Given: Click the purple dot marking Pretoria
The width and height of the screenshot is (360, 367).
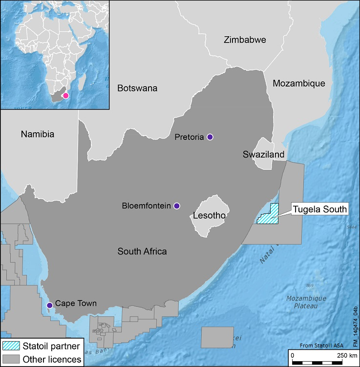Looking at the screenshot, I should coord(210,137).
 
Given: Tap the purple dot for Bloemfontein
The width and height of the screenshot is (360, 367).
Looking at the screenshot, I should coord(177,206).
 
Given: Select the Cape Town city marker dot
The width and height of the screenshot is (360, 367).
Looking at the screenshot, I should coord(49,305).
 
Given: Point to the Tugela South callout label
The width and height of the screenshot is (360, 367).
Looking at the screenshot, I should coord(319,209).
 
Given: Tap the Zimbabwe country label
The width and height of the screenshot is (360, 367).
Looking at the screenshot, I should coord(245,40).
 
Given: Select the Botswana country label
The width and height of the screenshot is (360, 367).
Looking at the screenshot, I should coord(137,88).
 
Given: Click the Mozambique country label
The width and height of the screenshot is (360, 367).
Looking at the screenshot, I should coord(298,83).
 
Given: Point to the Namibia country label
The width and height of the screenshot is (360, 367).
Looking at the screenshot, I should coord(37,134).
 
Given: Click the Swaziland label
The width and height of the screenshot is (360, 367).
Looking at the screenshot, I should coord(264,155).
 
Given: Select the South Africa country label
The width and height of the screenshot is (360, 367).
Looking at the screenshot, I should coord(142,252).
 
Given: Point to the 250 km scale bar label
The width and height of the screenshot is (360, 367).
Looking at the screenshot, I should coord(346,354).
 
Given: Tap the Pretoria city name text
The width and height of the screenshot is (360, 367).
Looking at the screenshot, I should coord(189,138).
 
